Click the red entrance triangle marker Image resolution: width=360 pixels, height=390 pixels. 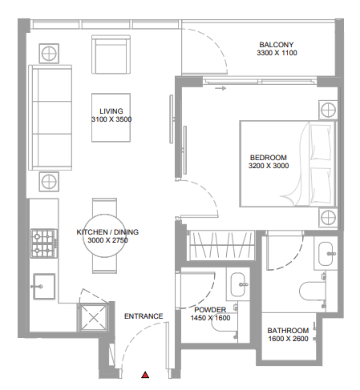pyautogui.click(x=145, y=375)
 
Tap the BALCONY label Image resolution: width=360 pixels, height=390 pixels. pyautogui.click(x=277, y=45)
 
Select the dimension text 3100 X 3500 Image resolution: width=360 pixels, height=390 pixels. pyautogui.click(x=111, y=119)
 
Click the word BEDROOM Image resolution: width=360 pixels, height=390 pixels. pyautogui.click(x=269, y=158)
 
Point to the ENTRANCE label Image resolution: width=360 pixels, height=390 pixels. pyautogui.click(x=144, y=316)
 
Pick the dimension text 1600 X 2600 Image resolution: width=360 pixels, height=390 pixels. pyautogui.click(x=288, y=339)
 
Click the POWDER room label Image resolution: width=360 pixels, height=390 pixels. pyautogui.click(x=210, y=310)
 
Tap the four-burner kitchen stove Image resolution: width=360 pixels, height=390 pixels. pyautogui.click(x=44, y=243)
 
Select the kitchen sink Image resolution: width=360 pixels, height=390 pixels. pyautogui.click(x=44, y=287)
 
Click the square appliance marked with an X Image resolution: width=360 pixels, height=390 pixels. pyautogui.click(x=93, y=318)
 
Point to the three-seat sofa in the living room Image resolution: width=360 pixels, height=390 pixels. pyautogui.click(x=51, y=118)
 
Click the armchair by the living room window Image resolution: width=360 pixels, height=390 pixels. pyautogui.click(x=111, y=54)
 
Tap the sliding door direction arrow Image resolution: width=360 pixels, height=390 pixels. pyautogui.click(x=220, y=88)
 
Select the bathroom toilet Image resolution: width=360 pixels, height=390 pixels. pyautogui.click(x=313, y=291)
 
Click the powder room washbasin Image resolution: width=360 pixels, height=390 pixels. pyautogui.click(x=238, y=284)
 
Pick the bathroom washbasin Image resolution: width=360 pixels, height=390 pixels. pyautogui.click(x=326, y=254)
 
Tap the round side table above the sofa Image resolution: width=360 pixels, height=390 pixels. pyautogui.click(x=49, y=54)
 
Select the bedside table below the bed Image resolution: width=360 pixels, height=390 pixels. pyautogui.click(x=328, y=218)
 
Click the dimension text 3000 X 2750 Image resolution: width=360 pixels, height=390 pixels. pyautogui.click(x=107, y=240)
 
